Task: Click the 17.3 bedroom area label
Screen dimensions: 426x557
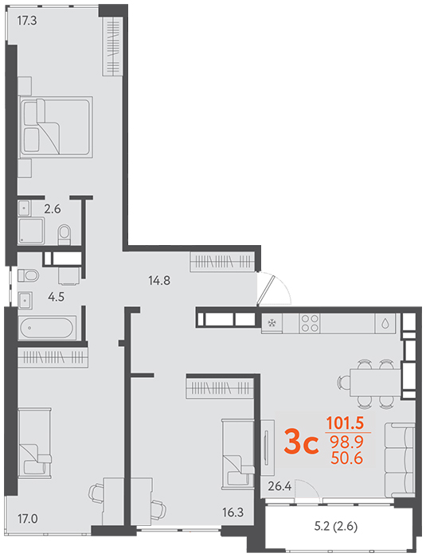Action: coord(27,21)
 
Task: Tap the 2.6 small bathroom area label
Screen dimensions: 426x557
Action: coord(53,208)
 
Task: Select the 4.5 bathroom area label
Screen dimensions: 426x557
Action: coord(57,297)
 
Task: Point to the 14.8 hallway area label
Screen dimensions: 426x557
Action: coord(159,281)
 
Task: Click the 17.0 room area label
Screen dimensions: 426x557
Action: coord(28,519)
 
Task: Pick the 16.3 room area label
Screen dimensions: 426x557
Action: coord(233,512)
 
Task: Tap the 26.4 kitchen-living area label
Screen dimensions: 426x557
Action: coord(279,486)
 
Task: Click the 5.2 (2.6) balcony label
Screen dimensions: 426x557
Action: coord(336,526)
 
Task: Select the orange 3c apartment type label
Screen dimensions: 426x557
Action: coord(301,442)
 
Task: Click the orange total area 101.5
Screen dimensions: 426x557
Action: coord(345,423)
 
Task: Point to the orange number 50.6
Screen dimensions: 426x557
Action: coord(346,458)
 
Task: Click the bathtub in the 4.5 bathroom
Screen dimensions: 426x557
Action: coord(47,328)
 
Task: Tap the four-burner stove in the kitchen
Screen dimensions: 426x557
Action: coord(310,323)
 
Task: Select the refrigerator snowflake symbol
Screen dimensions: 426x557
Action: coord(272,323)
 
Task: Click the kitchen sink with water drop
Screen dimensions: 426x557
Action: coord(385,323)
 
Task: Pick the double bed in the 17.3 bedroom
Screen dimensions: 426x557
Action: coord(57,127)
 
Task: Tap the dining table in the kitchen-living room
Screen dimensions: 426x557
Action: coord(375,383)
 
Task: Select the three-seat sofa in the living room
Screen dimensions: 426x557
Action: coord(400,461)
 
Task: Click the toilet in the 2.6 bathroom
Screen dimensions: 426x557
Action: coord(64,235)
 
